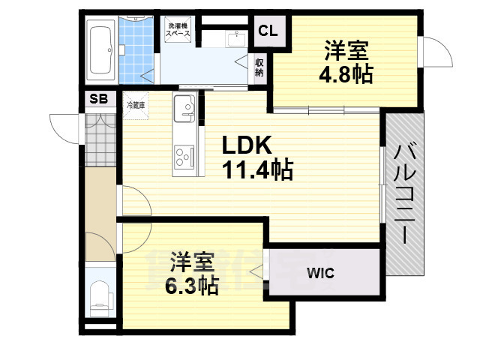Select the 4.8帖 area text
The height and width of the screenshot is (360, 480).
(x=346, y=75)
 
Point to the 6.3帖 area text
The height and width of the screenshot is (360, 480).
(x=193, y=285)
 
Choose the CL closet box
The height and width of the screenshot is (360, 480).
(x=268, y=31)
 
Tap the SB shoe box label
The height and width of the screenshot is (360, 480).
(x=99, y=99)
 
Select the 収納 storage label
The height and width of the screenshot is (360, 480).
(x=259, y=68)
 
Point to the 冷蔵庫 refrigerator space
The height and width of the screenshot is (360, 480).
(x=136, y=106)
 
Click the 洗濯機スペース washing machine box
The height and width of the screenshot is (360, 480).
(x=178, y=31)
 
